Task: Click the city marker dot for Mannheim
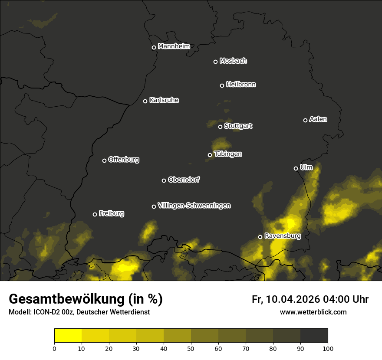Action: pyautogui.click(x=154, y=48)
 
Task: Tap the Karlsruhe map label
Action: pyautogui.click(x=164, y=100)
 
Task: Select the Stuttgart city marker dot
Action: pyautogui.click(x=220, y=127)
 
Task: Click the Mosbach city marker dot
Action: pyautogui.click(x=215, y=62)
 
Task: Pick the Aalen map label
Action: pyautogui.click(x=318, y=119)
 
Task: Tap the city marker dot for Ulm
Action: pyautogui.click(x=296, y=168)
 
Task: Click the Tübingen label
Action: pyautogui.click(x=228, y=154)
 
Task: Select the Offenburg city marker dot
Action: pyautogui.click(x=104, y=160)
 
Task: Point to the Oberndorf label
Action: pyautogui.click(x=184, y=180)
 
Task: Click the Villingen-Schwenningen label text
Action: pyautogui.click(x=194, y=206)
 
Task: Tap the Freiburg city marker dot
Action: pyautogui.click(x=95, y=214)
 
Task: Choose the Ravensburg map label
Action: pyautogui.click(x=283, y=236)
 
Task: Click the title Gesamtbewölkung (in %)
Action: pyautogui.click(x=86, y=299)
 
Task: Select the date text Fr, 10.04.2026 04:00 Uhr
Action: pyautogui.click(x=310, y=299)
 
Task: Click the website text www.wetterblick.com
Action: pyautogui.click(x=313, y=312)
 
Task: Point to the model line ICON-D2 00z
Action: pyautogui.click(x=79, y=312)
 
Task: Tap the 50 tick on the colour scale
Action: pyautogui.click(x=191, y=348)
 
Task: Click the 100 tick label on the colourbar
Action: pyautogui.click(x=328, y=348)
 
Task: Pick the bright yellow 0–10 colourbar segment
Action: pyautogui.click(x=68, y=336)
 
